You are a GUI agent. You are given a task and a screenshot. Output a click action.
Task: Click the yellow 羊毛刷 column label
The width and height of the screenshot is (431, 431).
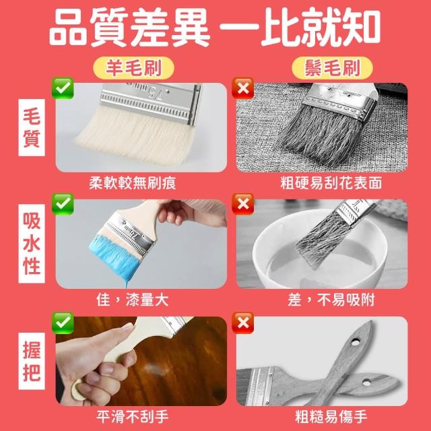(x=133, y=68)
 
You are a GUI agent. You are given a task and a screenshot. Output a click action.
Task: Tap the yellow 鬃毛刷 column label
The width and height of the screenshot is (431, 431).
(x=332, y=68)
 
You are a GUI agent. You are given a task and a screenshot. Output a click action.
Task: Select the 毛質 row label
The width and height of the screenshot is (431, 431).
(x=32, y=127)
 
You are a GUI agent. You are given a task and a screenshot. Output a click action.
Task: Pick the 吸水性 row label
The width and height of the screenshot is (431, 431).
(x=32, y=244)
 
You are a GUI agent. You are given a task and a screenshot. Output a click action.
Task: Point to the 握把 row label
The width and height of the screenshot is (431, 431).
(x=32, y=361)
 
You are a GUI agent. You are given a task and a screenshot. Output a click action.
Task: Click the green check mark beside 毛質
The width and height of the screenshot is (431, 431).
(x=63, y=88)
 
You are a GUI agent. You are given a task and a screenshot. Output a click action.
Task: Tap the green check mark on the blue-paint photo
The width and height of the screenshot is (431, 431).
(x=63, y=204)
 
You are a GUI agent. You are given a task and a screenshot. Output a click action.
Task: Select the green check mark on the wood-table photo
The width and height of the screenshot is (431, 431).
(x=63, y=323)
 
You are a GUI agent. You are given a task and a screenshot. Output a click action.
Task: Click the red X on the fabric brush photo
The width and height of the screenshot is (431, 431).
(x=242, y=88)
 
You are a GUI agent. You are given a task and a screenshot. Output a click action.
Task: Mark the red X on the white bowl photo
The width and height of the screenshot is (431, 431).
(x=242, y=204)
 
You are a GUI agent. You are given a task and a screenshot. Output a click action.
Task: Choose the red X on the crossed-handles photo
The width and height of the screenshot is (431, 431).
(x=242, y=323)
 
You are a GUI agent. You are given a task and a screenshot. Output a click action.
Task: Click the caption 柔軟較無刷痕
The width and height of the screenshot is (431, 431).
(x=132, y=183)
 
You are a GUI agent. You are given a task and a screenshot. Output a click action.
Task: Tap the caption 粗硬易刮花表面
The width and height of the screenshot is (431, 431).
(x=331, y=183)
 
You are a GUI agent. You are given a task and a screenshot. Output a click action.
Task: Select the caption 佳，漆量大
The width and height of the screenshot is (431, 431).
(x=132, y=300)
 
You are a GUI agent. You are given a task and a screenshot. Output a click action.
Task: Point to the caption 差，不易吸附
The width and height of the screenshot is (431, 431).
(x=331, y=300)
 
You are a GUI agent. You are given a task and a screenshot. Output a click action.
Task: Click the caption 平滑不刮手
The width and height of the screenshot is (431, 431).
(x=132, y=417)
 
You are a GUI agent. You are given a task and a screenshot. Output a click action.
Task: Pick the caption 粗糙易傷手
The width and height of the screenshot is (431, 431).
(x=331, y=417)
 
